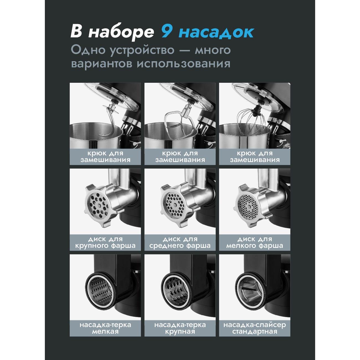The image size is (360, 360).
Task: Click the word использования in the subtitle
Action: click(x=183, y=64)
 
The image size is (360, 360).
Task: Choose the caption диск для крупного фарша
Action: click(x=105, y=242)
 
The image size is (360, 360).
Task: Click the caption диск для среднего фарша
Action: click(x=180, y=242)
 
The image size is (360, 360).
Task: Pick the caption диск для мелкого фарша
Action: click(x=255, y=242)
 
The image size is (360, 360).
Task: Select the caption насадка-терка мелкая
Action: click(x=105, y=328)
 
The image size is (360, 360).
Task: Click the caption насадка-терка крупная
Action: click(x=180, y=328)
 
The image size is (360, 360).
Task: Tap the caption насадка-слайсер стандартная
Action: click(x=255, y=328)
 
